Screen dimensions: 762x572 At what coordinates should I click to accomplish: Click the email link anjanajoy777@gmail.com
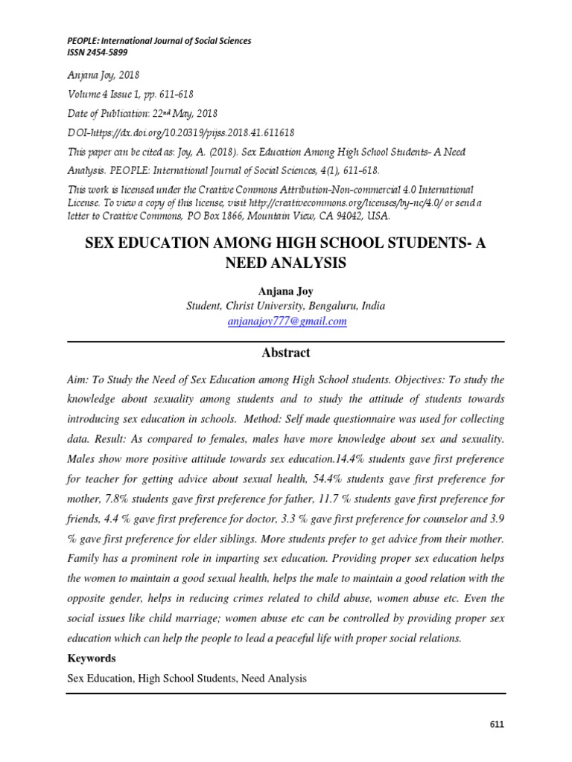point(287,321)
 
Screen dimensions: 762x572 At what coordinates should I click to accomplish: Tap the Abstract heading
point(286,353)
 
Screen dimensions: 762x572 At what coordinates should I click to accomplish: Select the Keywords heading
point(92,659)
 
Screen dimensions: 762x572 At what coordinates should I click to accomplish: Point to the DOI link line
point(181,132)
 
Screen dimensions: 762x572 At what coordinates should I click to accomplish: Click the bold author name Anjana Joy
point(286,289)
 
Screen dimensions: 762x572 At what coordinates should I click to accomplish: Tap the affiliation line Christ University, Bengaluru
point(286,306)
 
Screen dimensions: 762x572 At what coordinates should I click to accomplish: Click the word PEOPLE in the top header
point(83,41)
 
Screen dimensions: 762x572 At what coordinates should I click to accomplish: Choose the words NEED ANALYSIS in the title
point(286,263)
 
